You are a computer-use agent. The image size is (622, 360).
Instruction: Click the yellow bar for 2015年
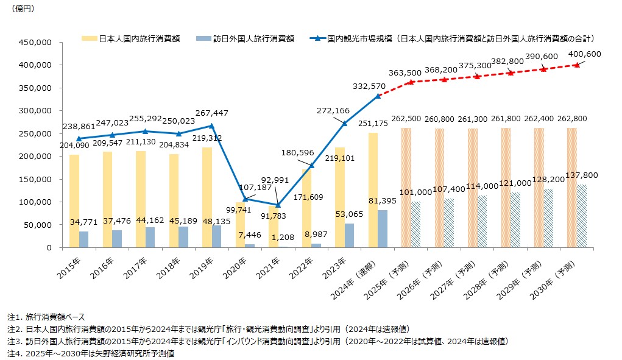coord(74,201)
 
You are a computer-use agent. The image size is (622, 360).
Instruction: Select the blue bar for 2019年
coord(217,236)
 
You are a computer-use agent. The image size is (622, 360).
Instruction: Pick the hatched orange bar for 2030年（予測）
coord(572,188)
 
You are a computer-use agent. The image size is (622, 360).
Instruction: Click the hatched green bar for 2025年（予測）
coord(416,225)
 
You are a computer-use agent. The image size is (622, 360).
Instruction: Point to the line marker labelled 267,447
coord(212,125)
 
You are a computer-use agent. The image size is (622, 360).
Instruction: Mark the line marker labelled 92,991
coord(278,205)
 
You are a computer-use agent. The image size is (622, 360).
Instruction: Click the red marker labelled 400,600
coord(577,65)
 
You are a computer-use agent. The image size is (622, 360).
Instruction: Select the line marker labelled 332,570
coord(378,96)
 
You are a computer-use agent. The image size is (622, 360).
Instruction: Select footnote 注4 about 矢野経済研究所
coord(91,353)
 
